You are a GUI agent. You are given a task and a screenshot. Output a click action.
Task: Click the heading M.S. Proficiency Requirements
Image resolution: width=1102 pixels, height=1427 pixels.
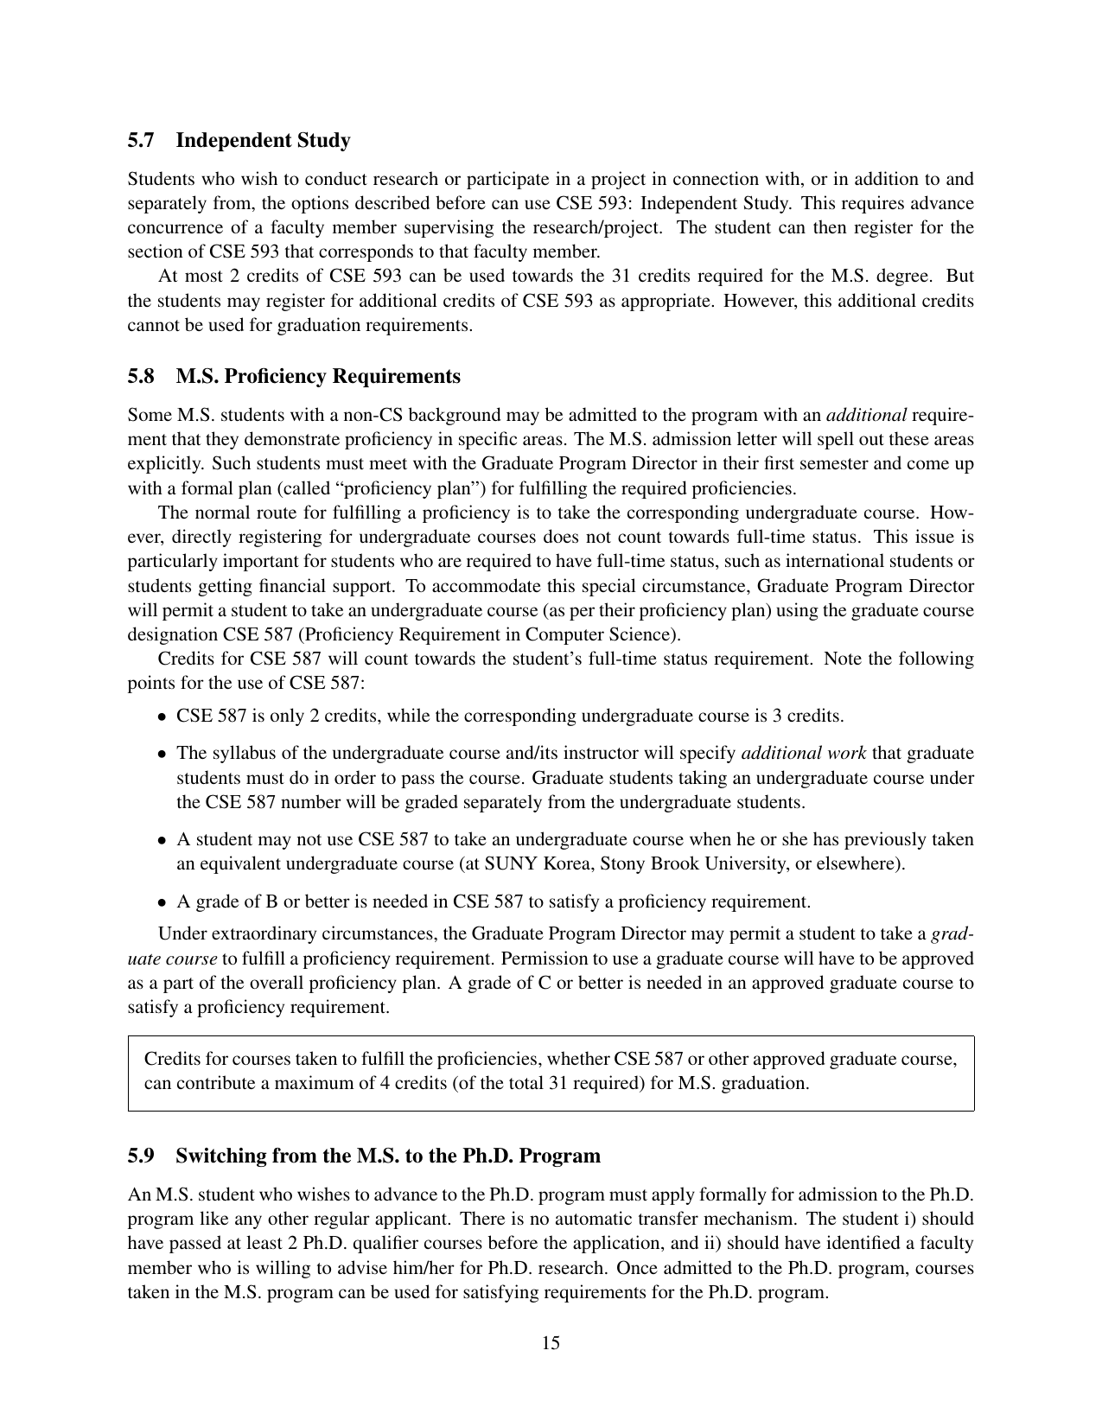coord(318,377)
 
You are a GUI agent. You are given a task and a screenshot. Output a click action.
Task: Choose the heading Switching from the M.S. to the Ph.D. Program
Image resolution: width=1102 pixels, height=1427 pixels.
coord(388,1156)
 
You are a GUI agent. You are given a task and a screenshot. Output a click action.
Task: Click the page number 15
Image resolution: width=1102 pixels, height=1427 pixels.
coord(551,1342)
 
